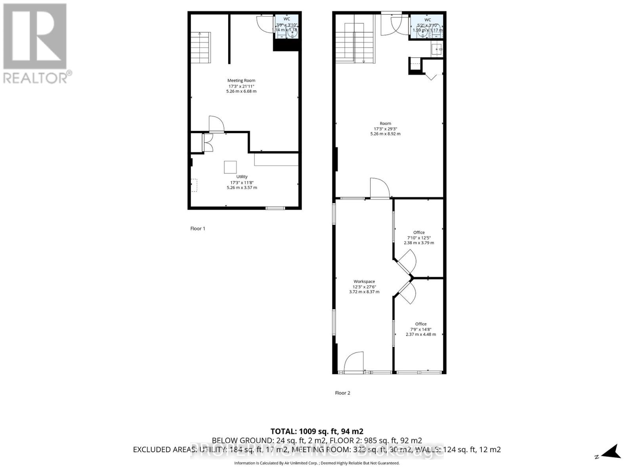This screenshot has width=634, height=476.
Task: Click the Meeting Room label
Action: [x=241, y=81]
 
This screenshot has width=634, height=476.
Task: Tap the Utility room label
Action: [x=242, y=177]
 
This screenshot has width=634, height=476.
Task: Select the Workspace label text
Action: [x=364, y=282]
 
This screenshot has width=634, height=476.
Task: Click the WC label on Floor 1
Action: [x=286, y=19]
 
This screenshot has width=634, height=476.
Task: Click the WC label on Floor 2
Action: [x=428, y=20]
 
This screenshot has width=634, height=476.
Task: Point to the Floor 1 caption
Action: [x=198, y=229]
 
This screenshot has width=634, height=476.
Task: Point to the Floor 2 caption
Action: [x=342, y=393]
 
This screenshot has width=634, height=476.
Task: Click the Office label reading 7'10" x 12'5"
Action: [x=419, y=233]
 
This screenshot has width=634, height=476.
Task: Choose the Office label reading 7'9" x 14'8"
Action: [x=421, y=324]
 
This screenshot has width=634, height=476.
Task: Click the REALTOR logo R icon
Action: [x=34, y=36]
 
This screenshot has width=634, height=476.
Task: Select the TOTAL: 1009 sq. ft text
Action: [x=317, y=431]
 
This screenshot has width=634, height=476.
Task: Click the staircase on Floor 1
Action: [x=201, y=47]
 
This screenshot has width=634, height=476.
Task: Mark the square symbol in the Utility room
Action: [x=231, y=167]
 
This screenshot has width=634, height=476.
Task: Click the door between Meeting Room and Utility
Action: [x=216, y=124]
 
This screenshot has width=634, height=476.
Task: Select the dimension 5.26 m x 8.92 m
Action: [x=385, y=134]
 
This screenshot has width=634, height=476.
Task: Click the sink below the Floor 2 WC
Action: [x=437, y=50]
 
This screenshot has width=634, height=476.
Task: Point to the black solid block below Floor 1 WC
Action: [x=286, y=44]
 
